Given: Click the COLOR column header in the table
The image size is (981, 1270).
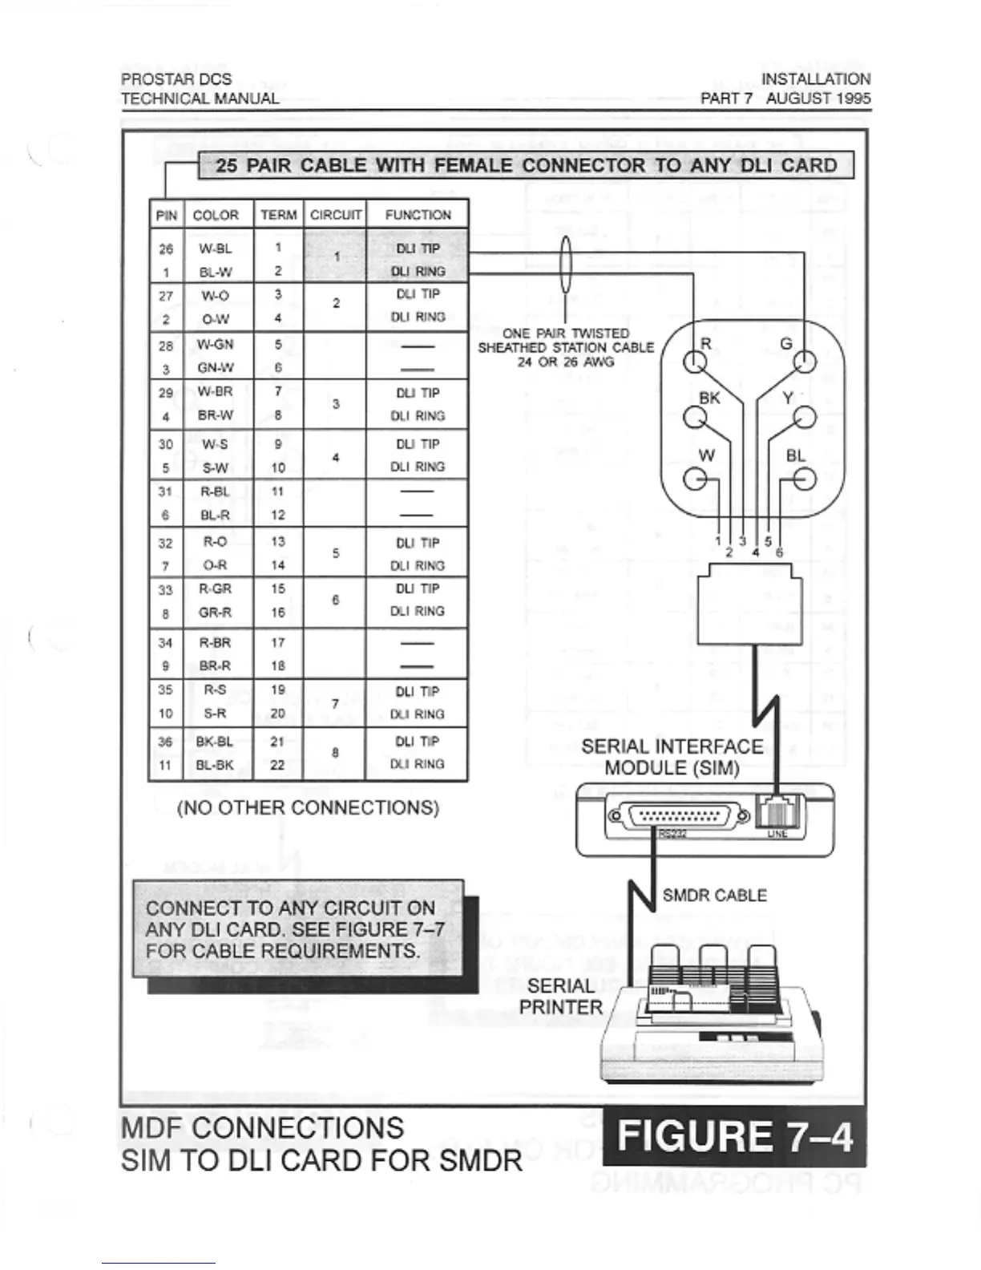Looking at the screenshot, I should click(x=216, y=215).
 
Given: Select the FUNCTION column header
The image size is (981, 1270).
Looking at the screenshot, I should click(x=418, y=215).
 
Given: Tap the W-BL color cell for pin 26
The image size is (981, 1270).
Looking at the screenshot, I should click(x=216, y=249).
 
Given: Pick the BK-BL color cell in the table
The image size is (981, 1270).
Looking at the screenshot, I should click(x=215, y=742).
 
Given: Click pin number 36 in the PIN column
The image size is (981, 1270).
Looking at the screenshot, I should click(x=165, y=742).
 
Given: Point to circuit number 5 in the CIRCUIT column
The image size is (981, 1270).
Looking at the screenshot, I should click(x=336, y=553).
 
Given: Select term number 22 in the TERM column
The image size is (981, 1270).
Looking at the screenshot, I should click(x=277, y=765).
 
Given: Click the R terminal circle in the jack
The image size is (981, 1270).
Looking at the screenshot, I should click(x=694, y=362).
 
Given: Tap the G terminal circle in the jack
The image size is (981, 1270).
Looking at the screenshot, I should click(x=805, y=362).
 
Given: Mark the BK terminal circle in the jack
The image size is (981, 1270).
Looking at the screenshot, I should click(x=694, y=418).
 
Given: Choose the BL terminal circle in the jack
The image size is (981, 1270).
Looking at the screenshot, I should click(x=805, y=479).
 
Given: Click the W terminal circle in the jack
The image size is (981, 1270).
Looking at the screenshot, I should click(x=694, y=479).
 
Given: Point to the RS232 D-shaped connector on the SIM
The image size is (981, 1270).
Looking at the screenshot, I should click(x=680, y=816).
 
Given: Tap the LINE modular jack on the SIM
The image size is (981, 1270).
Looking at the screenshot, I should click(x=777, y=813).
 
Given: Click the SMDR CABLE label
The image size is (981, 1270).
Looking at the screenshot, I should click(x=714, y=895).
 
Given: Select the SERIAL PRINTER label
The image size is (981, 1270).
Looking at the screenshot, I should click(x=560, y=996).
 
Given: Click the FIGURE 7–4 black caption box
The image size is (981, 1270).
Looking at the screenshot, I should click(x=735, y=1136).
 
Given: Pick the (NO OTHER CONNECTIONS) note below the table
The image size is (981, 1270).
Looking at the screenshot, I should click(x=308, y=807).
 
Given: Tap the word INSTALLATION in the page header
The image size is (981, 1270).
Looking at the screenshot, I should click(x=815, y=79).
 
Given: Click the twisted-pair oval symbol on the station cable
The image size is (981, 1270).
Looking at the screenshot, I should click(x=565, y=265).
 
